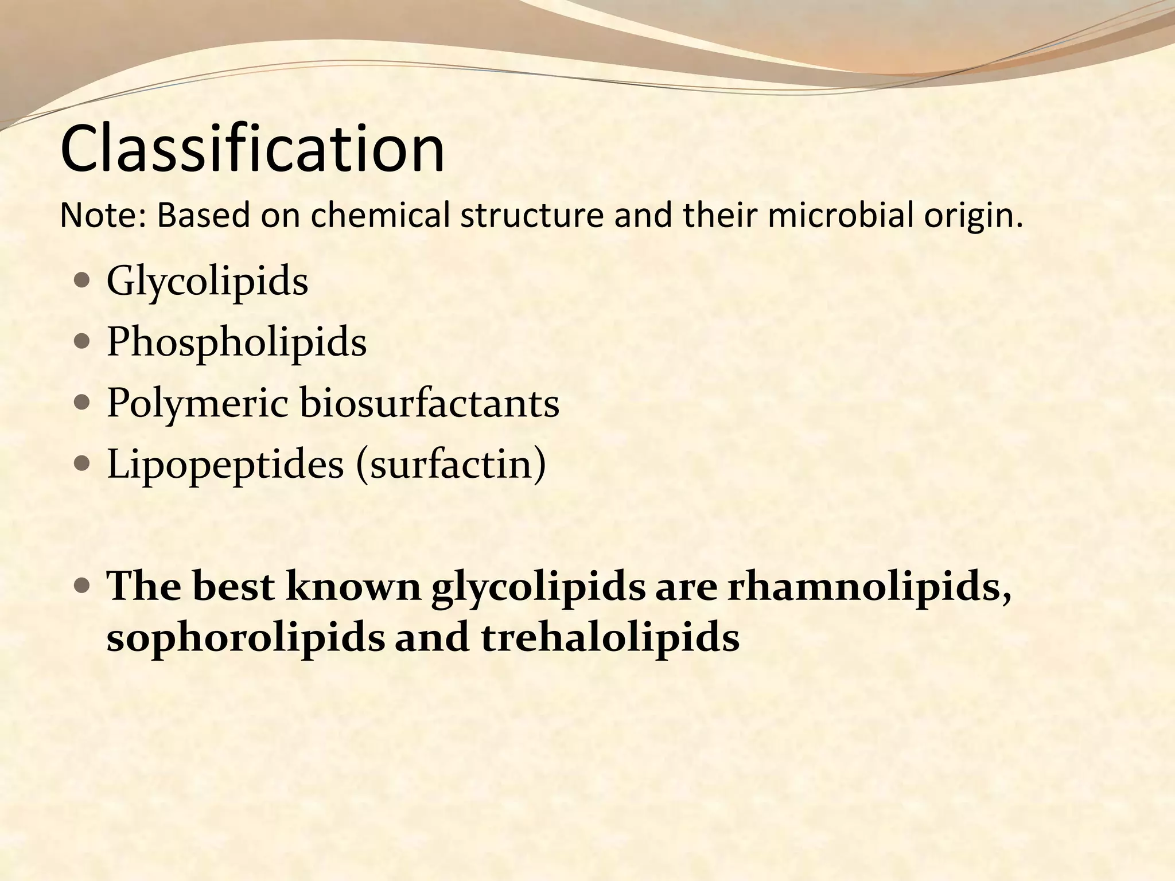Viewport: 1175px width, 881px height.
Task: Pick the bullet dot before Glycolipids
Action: coord(83,281)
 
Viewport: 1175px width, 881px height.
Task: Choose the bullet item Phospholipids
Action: coord(236,343)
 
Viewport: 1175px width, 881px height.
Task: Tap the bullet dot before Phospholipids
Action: coord(83,342)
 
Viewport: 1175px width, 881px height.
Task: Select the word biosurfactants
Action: coord(429,403)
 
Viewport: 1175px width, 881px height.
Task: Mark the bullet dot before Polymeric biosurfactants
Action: coord(83,403)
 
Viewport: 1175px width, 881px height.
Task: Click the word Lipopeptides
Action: coord(225,465)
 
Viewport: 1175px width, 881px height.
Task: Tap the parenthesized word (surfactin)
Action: coord(451,465)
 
